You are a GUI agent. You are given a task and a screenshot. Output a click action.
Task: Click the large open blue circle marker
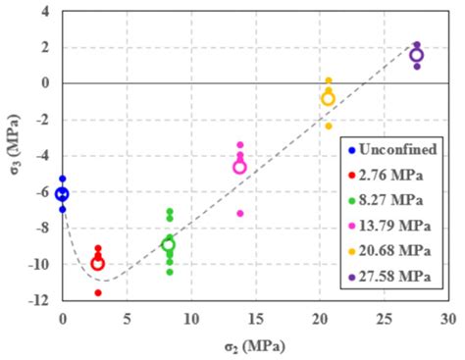[x=63, y=194]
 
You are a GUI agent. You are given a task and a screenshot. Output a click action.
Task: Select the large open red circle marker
[x=97, y=263]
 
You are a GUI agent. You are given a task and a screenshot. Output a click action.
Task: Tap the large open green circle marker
[x=168, y=244]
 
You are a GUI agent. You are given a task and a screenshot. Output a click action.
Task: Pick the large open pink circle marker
[x=239, y=167]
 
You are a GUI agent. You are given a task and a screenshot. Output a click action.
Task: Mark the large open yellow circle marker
[x=328, y=98]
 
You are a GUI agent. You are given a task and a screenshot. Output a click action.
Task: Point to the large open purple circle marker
[x=416, y=55]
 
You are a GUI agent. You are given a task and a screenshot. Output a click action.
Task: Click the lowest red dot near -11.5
[x=98, y=292]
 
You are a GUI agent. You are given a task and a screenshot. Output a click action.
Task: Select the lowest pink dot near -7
[x=239, y=213]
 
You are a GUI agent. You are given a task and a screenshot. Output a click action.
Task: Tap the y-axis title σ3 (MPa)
[x=13, y=157]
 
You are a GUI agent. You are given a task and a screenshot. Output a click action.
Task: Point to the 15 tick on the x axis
[x=255, y=319]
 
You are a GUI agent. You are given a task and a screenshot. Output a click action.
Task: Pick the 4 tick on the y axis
[x=45, y=11]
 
